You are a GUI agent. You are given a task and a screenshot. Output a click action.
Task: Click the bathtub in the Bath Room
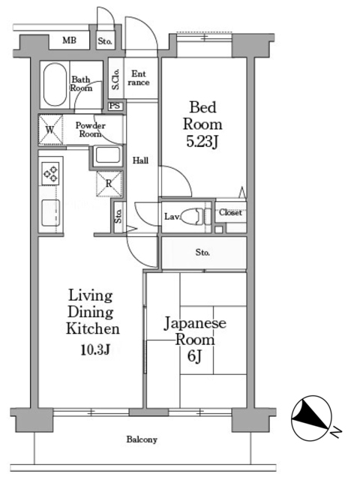(55, 84)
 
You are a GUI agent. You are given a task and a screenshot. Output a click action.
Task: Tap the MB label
(69, 40)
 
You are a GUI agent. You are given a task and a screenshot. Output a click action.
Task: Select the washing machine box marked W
(50, 130)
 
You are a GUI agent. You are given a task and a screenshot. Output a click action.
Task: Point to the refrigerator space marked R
(109, 184)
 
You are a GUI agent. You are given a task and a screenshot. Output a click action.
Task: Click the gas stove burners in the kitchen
(50, 173)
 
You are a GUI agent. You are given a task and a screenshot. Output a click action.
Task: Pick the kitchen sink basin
(50, 213)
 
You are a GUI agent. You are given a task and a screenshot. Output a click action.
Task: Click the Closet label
(230, 212)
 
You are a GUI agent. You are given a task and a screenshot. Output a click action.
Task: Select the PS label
(115, 106)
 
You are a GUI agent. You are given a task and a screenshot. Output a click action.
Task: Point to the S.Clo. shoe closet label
(115, 79)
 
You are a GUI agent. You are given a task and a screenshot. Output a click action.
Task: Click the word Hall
(140, 160)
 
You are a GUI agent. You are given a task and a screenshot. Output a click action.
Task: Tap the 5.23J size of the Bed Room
(202, 142)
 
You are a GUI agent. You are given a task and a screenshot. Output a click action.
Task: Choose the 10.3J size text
(95, 349)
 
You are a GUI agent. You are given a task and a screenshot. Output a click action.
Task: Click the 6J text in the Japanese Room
(194, 355)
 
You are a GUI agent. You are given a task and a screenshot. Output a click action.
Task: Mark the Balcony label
(142, 439)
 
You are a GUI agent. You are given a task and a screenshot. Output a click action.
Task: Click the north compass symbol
(312, 418)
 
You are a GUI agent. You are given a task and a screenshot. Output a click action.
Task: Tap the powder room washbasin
(107, 155)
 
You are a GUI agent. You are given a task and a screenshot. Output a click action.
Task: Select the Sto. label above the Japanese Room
(202, 253)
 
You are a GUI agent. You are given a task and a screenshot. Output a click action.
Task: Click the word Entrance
(139, 78)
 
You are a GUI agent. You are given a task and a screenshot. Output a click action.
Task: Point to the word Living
(90, 296)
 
